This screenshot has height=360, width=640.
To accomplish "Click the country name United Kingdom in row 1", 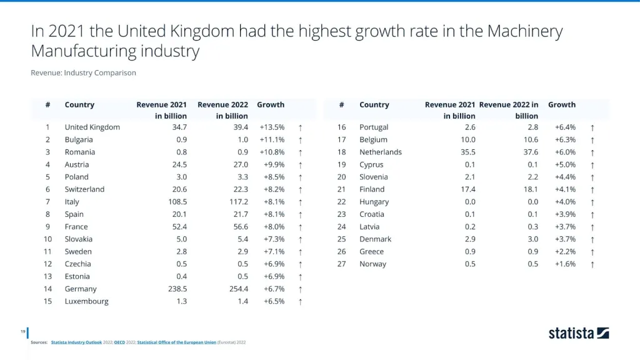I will pyautogui.click(x=92, y=127).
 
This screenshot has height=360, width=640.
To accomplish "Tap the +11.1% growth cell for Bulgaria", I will pyautogui.click(x=272, y=139).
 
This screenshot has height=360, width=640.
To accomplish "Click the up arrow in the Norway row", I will pyautogui.click(x=592, y=264).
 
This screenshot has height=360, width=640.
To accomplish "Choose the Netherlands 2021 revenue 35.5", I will pyautogui.click(x=466, y=152).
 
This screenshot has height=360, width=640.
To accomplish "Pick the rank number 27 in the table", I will pyautogui.click(x=341, y=264).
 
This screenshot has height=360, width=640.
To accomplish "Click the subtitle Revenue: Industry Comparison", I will pyautogui.click(x=83, y=72).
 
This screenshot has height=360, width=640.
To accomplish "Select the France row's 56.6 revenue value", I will pyautogui.click(x=239, y=227).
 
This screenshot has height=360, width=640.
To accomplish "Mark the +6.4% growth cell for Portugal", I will pyautogui.click(x=566, y=127).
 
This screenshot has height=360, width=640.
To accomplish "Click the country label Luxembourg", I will pyautogui.click(x=86, y=301).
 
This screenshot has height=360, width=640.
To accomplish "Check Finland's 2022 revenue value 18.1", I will pyautogui.click(x=529, y=189).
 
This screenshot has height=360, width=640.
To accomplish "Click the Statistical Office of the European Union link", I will pyautogui.click(x=176, y=342).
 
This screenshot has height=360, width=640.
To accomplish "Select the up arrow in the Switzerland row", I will pyautogui.click(x=301, y=189).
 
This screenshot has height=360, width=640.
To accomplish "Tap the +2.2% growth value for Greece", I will pyautogui.click(x=566, y=252).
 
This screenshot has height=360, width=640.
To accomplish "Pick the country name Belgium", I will pyautogui.click(x=373, y=139).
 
